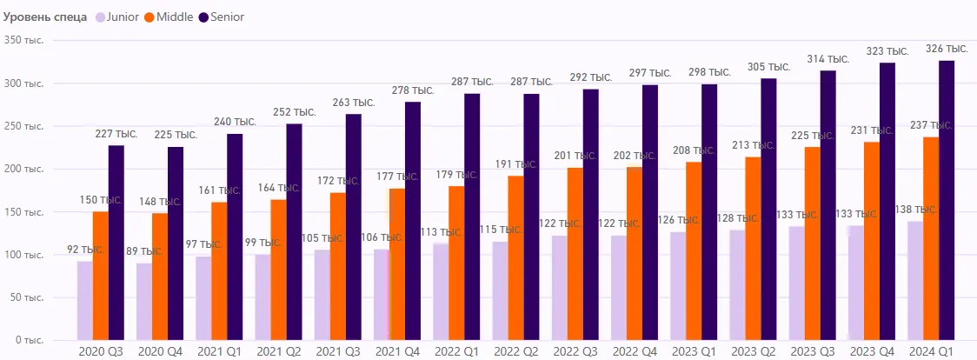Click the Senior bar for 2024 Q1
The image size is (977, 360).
point(946,200)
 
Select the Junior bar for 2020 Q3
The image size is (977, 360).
point(84,300)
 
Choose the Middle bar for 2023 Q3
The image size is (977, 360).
point(812,243)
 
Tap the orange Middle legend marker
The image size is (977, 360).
point(150,17)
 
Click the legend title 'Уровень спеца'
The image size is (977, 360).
point(46,17)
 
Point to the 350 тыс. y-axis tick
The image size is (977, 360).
point(22,40)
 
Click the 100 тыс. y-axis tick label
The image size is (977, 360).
point(22,255)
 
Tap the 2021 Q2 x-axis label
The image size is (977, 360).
point(278,350)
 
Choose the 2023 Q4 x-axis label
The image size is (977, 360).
point(872,350)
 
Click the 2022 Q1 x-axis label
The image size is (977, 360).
point(456,350)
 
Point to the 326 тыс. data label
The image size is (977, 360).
point(945,49)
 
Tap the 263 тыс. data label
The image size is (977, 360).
point(353,103)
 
